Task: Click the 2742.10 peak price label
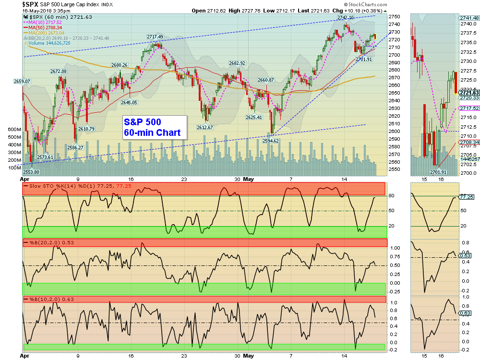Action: [346, 17]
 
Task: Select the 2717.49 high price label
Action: [155, 36]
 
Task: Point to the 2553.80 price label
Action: [31, 172]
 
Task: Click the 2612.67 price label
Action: [204, 127]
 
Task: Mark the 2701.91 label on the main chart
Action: [364, 59]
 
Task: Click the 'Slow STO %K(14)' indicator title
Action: [47, 185]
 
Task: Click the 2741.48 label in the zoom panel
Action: [469, 18]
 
